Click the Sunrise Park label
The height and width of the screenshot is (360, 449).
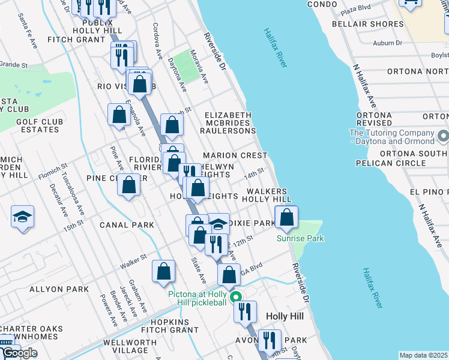[x=300, y=238]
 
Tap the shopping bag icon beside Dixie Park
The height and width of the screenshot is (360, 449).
[x=287, y=217]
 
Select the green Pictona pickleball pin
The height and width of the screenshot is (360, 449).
[x=237, y=297]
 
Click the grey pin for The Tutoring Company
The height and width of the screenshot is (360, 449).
[x=443, y=136]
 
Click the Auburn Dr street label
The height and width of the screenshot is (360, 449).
[x=387, y=43]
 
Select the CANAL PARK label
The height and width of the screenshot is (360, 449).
[x=127, y=225]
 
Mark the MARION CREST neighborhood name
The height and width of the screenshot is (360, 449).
[x=235, y=155]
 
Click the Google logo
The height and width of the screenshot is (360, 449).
[x=19, y=353]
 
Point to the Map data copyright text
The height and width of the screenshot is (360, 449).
[x=423, y=355]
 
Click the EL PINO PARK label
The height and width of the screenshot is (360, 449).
[x=429, y=191]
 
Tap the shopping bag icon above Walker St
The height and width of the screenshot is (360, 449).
[x=163, y=271]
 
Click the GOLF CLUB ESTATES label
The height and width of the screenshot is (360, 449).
[x=40, y=125]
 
